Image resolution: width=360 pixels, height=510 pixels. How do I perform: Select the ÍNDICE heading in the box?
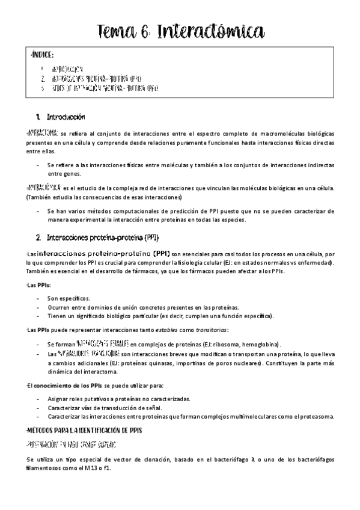[x=42, y=55]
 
